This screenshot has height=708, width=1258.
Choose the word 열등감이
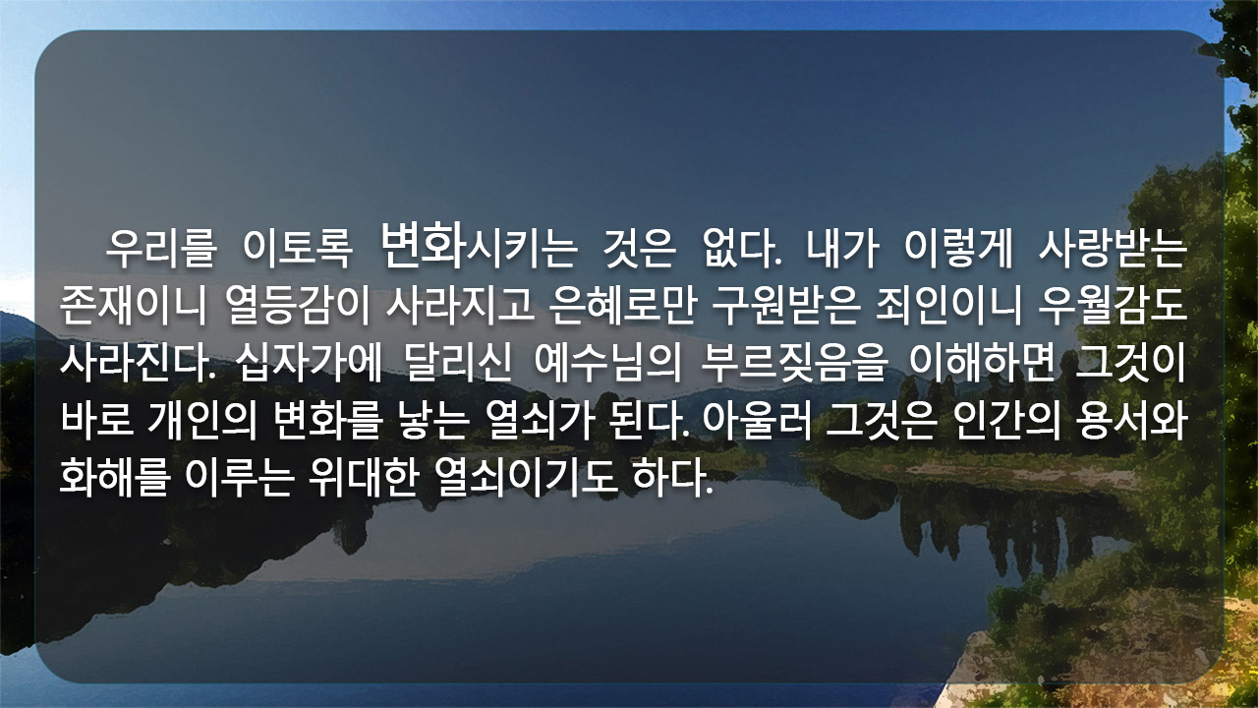298,307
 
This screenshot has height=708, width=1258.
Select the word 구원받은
786,307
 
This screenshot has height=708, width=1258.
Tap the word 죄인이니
948,307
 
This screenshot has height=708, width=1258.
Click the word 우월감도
1112,307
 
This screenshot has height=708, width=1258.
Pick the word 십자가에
310,363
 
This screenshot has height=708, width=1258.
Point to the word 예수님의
607,363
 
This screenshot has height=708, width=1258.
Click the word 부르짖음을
794,363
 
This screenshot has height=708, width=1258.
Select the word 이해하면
982,363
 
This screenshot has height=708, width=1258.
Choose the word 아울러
757,422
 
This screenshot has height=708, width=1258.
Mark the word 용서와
1131,422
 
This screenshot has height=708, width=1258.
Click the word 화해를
115,478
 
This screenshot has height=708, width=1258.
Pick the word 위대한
364,478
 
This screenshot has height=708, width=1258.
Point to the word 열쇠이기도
526,478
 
